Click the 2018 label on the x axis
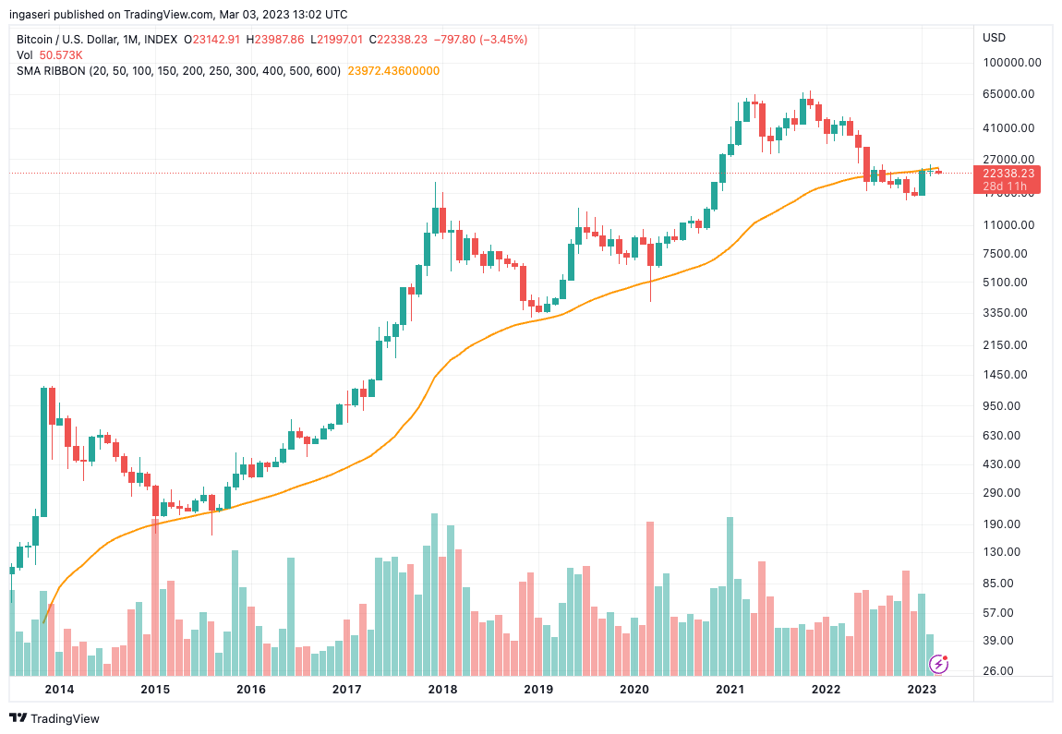click(442, 689)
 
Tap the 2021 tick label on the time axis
click(730, 689)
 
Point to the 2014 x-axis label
click(59, 689)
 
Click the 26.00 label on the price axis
click(997, 671)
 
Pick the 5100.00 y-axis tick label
click(1005, 283)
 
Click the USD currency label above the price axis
click(995, 38)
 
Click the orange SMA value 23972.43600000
click(392, 71)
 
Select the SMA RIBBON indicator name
click(51, 71)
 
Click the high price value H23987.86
click(280, 40)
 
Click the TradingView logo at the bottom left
click(54, 718)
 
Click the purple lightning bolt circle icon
click(938, 663)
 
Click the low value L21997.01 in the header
click(338, 40)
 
